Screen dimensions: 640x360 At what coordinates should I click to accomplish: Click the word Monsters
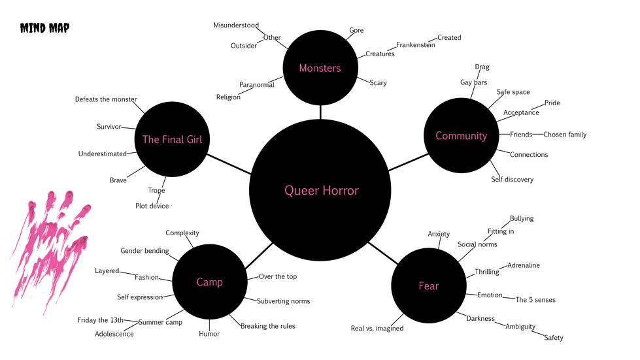tap(320, 68)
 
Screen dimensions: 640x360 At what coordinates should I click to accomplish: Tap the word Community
tap(461, 136)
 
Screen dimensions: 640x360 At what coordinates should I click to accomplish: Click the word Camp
tap(209, 282)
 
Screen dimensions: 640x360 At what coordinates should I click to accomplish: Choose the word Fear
tap(428, 286)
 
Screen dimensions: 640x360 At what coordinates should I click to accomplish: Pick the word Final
tap(173, 139)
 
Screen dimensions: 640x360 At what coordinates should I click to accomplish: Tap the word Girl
tap(194, 139)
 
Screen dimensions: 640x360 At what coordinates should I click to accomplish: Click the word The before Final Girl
tap(150, 139)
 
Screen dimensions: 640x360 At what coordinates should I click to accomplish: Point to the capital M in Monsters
tap(303, 68)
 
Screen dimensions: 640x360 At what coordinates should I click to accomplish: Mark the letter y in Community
tap(484, 137)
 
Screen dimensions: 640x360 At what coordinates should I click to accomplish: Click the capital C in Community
tap(439, 136)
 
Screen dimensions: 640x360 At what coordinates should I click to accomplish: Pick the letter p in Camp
tap(220, 284)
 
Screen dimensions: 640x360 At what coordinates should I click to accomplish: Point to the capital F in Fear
tap(422, 286)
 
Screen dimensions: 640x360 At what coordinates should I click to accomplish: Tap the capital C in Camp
tap(200, 282)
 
